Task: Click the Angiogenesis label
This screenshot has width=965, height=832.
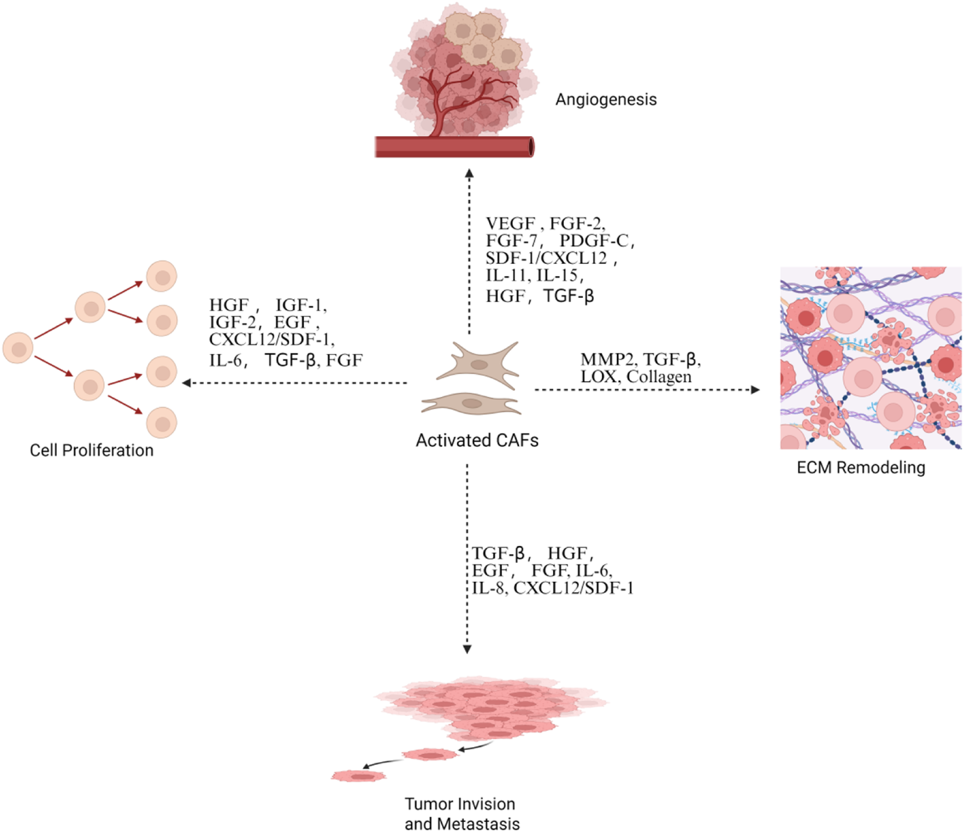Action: coord(606,100)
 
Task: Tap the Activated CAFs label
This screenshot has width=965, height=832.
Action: coord(477,440)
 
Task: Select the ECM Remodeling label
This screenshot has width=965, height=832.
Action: coord(861,468)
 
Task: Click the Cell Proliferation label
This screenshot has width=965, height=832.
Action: coord(91,450)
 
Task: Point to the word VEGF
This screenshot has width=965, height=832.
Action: coord(511,224)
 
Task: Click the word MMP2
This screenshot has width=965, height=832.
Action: coord(607,360)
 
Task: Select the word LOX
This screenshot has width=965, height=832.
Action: coord(598,377)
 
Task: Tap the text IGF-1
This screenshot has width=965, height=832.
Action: coord(300,306)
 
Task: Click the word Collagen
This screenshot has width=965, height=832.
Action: coord(659,377)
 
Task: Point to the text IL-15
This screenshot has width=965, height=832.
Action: coord(558,276)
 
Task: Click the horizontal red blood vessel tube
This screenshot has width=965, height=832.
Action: coord(454,147)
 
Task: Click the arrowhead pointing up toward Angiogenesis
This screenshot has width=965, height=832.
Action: coord(469,173)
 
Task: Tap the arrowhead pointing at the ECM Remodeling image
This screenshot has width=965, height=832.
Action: coord(756,390)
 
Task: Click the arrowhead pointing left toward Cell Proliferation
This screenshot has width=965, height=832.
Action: coord(186,383)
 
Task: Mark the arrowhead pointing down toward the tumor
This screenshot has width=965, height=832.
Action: coord(467,649)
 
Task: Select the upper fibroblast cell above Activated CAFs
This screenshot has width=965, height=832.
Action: coord(479,364)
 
